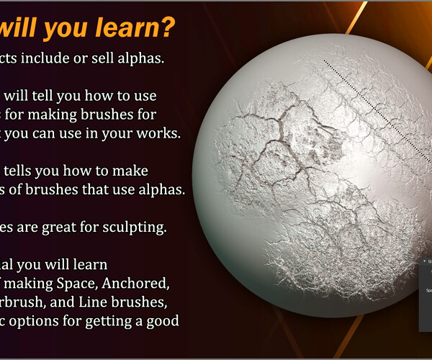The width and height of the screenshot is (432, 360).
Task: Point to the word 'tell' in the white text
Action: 45,94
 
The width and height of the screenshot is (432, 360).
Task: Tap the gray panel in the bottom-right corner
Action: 425,295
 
